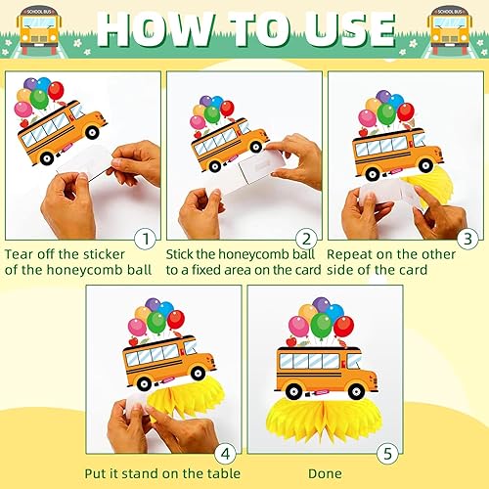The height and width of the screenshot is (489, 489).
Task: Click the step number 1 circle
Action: [146, 240]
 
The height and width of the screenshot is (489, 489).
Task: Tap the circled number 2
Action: [306, 240]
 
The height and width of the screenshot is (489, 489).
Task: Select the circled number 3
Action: [467, 239]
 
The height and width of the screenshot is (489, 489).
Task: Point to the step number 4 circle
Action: [226, 454]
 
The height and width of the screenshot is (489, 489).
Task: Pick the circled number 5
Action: [387, 454]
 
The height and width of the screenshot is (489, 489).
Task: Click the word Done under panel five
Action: [325, 473]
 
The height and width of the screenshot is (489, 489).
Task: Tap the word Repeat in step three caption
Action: [350, 254]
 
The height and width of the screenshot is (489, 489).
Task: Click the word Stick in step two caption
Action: [179, 254]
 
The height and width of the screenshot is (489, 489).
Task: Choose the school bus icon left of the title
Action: [39, 30]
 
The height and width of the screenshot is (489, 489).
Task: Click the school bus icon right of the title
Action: [450, 30]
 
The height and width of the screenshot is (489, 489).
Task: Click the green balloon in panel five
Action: [322, 326]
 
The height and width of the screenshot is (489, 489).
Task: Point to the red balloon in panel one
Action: [56, 91]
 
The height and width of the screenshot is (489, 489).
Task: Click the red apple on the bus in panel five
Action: [291, 341]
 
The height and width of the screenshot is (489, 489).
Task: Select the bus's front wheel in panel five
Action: [356, 391]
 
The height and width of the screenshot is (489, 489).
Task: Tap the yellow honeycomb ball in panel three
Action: [427, 186]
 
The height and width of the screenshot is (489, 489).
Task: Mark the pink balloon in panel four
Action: [137, 327]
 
